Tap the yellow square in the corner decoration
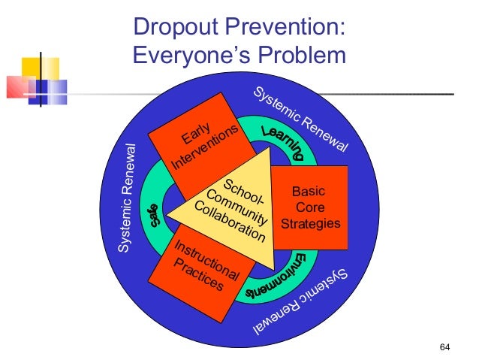31,68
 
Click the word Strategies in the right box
311,223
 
